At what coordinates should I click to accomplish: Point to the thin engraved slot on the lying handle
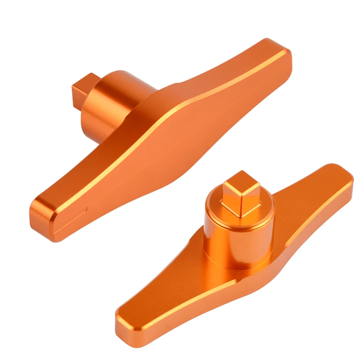pyautogui.click(x=75, y=212)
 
